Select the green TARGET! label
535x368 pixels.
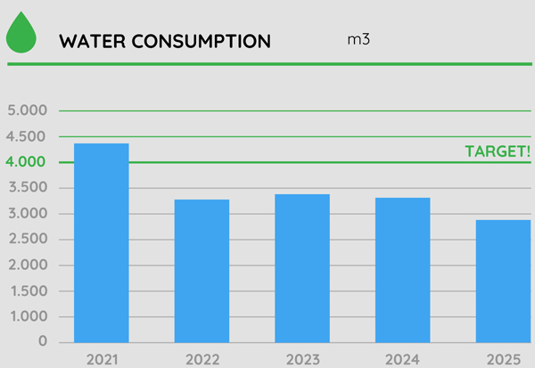click(498, 151)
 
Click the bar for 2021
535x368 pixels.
click(101, 242)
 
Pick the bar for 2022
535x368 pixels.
click(202, 271)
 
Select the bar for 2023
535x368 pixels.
click(302, 268)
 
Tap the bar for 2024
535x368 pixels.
click(402, 270)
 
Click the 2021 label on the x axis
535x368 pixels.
click(101, 360)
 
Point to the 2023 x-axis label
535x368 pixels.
click(302, 360)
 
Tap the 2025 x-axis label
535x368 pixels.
click(503, 360)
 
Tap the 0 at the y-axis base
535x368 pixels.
click(41, 342)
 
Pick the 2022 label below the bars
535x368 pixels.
click(202, 360)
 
